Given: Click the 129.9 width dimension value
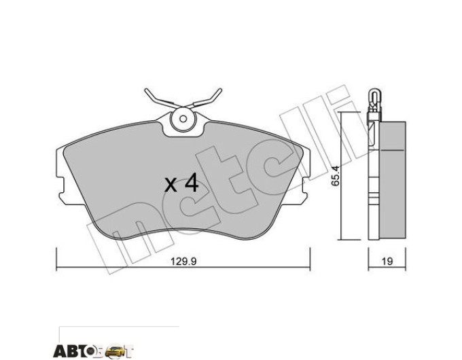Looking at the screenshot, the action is point(183,262).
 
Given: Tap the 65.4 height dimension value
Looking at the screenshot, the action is point(336,175).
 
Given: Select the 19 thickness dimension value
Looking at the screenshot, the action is point(387,262).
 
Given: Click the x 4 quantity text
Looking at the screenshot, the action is point(181,184).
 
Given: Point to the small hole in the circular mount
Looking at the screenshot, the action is point(183,119).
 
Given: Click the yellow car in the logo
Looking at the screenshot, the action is point(114,350).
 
